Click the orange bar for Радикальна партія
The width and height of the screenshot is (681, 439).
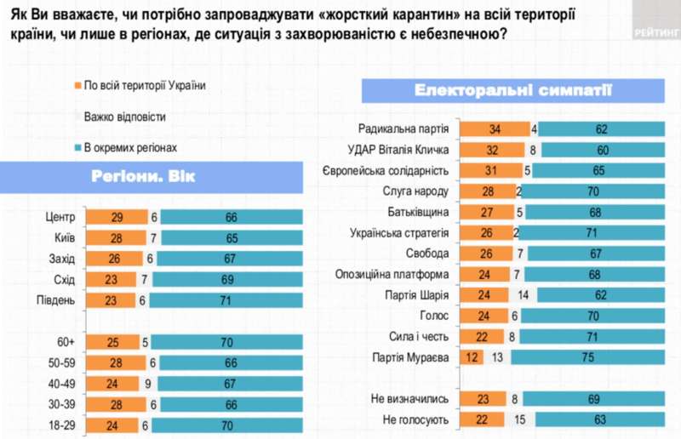494,130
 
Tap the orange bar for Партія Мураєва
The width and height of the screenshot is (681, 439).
472,358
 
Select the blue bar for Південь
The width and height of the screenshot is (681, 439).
230,299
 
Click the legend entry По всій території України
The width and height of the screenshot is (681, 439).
140,85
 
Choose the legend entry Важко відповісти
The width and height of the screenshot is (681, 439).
124,117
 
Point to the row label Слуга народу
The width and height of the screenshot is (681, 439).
421,191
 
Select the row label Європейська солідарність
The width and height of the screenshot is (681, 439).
392,171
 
